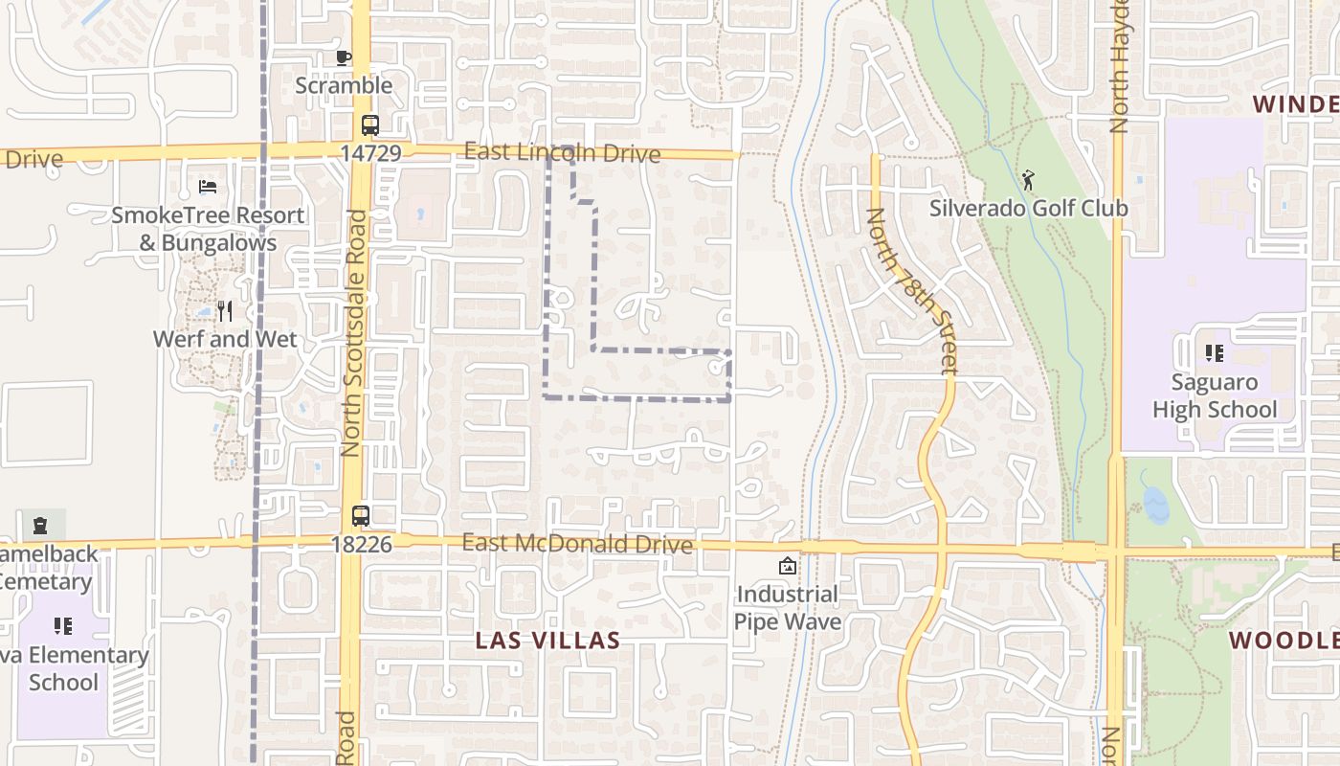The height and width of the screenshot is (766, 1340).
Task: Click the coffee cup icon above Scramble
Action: (344, 57)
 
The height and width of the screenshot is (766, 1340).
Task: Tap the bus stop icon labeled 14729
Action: (369, 125)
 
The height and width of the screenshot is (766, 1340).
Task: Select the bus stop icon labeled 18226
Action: (360, 516)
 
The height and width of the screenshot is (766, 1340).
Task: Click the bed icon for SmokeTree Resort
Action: (208, 187)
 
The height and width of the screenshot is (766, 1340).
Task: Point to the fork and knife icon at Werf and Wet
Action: (225, 310)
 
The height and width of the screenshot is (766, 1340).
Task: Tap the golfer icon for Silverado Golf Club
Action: (1028, 179)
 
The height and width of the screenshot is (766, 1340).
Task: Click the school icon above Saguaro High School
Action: (1215, 353)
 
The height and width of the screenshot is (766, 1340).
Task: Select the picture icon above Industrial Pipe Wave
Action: (787, 566)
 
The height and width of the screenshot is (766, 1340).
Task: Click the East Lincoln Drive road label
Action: (562, 153)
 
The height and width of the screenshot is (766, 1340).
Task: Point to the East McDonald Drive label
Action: (576, 544)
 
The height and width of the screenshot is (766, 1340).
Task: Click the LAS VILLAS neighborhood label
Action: (548, 641)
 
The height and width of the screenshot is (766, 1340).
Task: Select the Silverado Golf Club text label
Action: (1028, 208)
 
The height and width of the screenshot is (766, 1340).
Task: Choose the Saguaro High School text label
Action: (1215, 396)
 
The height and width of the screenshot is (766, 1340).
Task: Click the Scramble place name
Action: (344, 85)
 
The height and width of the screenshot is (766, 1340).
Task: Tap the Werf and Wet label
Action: (225, 339)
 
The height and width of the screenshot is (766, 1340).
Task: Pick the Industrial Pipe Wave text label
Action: (787, 608)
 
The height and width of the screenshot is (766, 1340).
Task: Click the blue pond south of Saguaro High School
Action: (1156, 505)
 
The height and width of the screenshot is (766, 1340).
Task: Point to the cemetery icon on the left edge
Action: (41, 525)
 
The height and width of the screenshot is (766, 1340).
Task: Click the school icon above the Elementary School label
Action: (63, 626)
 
